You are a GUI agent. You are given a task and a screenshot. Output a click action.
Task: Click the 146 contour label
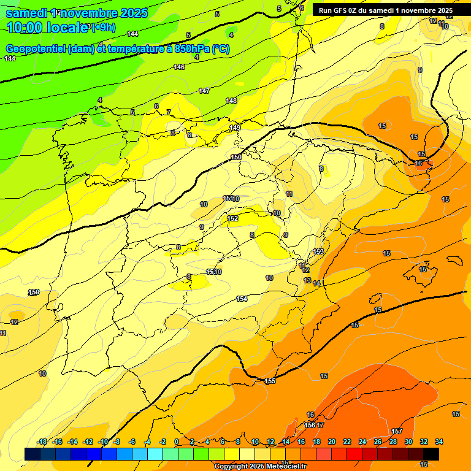[179, 67]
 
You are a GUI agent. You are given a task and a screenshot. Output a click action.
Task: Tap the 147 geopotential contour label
[204, 91]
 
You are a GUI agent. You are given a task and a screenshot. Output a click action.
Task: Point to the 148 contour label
[231, 101]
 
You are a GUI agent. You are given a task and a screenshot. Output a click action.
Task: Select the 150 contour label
[237, 158]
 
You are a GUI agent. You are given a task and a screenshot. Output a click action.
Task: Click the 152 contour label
[233, 218]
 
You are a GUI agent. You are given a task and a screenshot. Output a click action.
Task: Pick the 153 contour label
[318, 252]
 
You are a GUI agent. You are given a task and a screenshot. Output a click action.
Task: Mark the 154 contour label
[242, 299]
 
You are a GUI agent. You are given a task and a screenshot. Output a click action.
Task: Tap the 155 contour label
[270, 381]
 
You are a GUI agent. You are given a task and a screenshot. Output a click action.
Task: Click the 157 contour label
[397, 431]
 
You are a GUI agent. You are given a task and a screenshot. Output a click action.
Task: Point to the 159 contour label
[34, 292]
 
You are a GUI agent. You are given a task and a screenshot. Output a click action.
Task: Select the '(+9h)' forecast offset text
[102, 26]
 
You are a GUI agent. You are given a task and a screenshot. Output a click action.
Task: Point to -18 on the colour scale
[42, 442]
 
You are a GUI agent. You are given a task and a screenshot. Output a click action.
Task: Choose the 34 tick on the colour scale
[438, 442]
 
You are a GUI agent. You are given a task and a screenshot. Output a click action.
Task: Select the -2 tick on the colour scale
[163, 442]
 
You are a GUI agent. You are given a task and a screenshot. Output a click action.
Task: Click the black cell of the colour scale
[431, 454]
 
